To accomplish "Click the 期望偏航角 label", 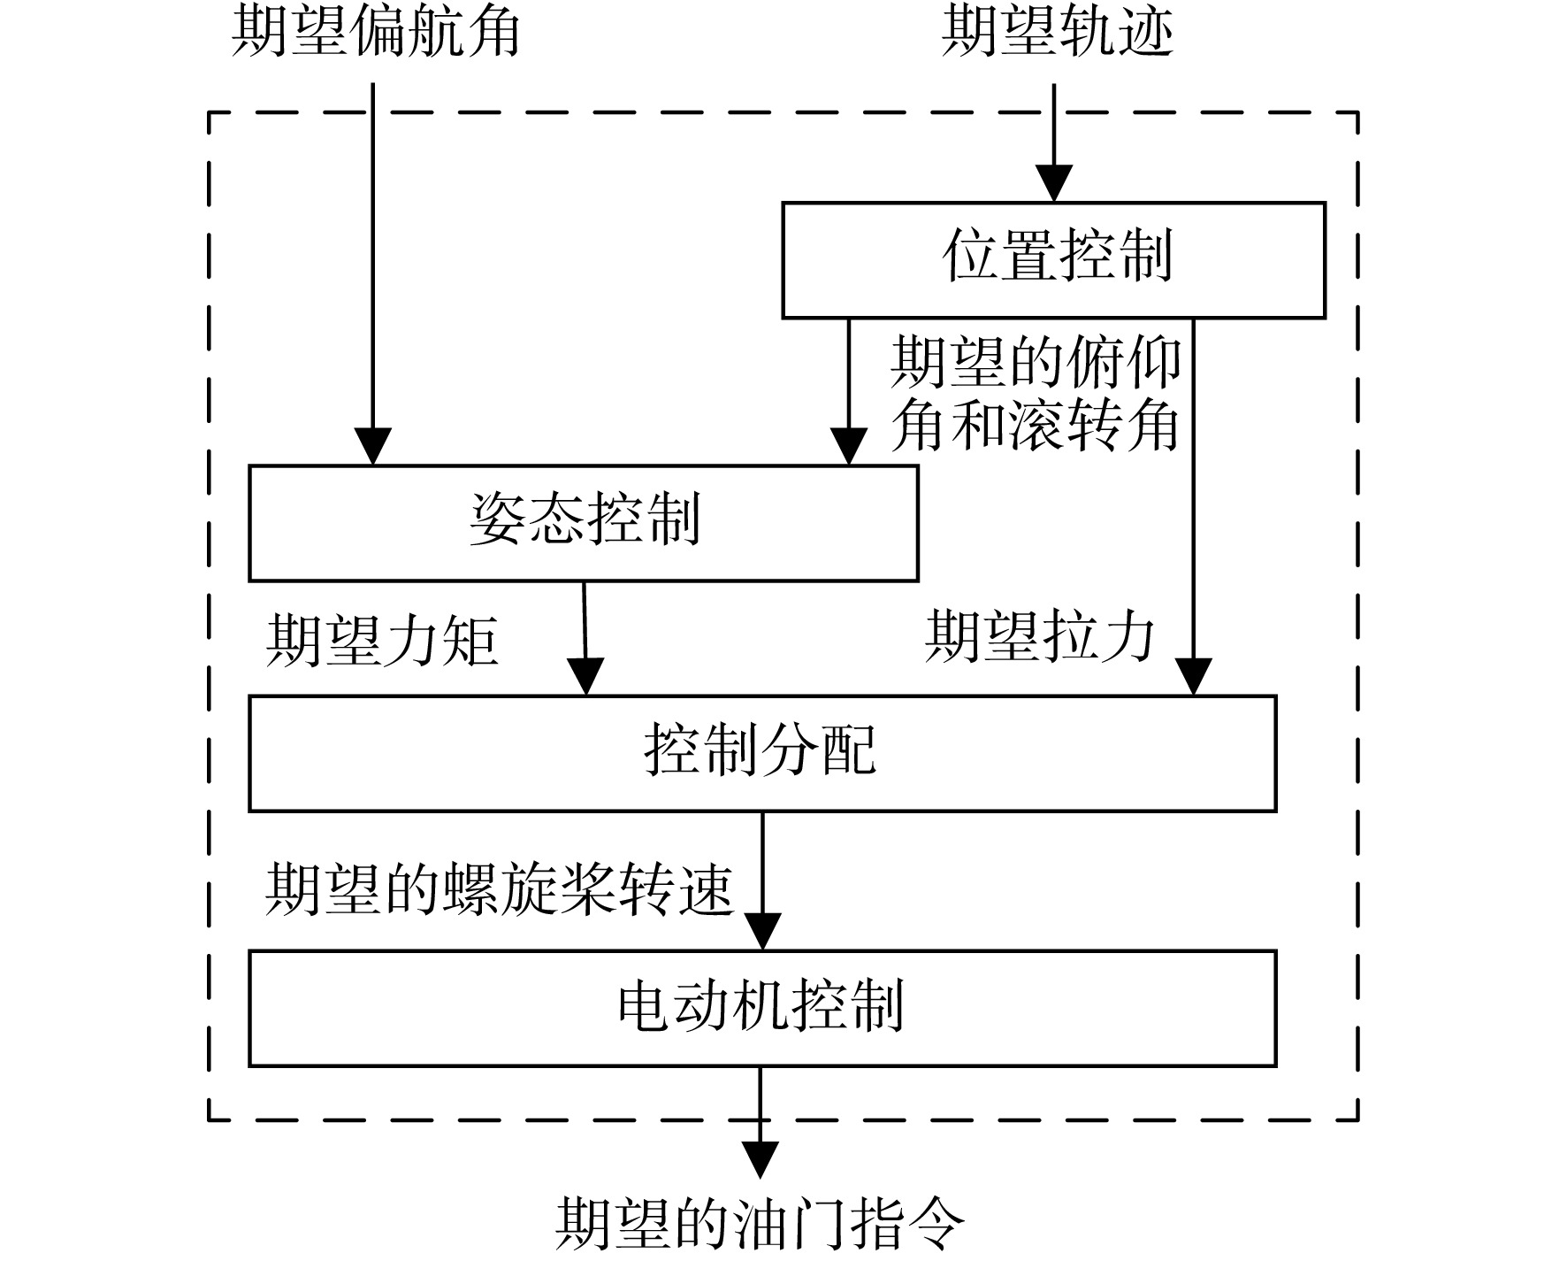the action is [x=375, y=34].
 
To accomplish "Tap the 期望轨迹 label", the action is [x=1057, y=34].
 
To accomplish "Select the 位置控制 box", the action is [x=1054, y=259].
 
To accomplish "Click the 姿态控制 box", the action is [x=584, y=523].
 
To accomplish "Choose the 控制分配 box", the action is [x=762, y=753].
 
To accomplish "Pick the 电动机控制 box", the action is [x=762, y=1008].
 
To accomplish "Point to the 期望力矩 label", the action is [x=382, y=641].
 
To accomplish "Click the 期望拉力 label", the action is [x=1040, y=637].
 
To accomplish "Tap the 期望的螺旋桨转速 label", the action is [x=500, y=889].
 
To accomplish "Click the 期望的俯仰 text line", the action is [x=1036, y=363].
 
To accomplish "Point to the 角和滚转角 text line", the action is [x=1036, y=427].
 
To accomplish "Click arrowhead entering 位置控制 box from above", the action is [x=1054, y=184].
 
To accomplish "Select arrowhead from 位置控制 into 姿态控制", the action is [x=849, y=447].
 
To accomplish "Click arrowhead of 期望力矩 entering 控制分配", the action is [x=585, y=677].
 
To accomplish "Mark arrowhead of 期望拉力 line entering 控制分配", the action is [x=1194, y=677].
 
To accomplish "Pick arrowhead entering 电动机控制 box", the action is [x=762, y=932].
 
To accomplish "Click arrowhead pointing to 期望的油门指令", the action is [x=761, y=1160].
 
